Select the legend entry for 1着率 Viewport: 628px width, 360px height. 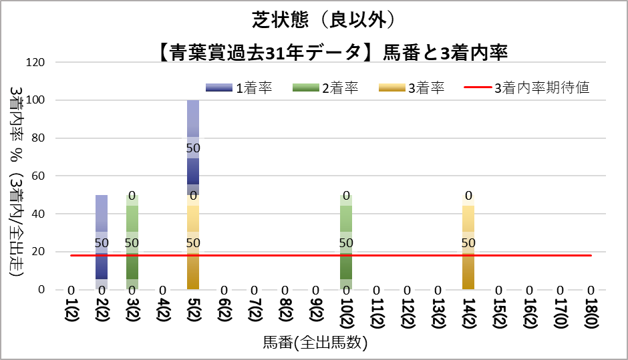239,87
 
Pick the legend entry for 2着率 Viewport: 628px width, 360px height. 325,87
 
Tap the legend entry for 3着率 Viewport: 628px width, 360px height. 412,87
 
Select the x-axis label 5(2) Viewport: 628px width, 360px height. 193,314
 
